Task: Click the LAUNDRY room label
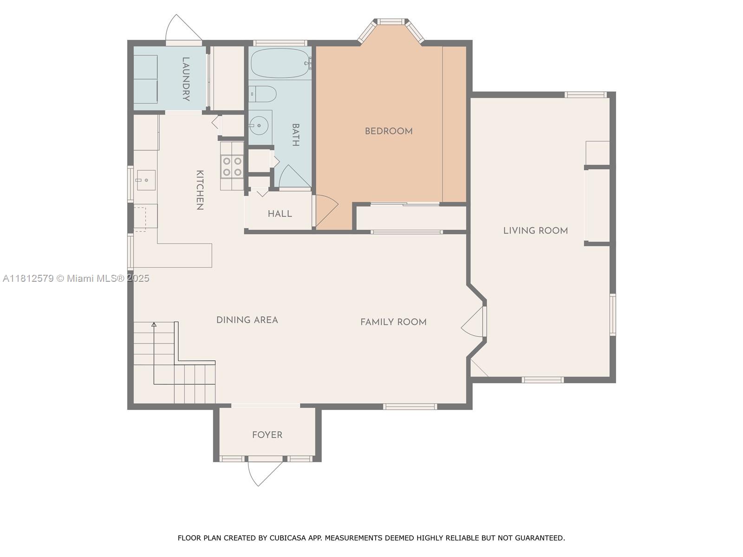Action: coord(186,79)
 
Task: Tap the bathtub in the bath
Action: coord(280,63)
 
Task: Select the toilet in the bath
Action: coord(263,94)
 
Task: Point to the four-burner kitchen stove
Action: coord(232,167)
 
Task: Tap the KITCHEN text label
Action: coord(200,190)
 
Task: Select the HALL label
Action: coord(280,214)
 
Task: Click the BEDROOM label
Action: coord(389,131)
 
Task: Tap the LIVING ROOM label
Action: coord(535,231)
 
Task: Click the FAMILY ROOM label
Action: coord(393,322)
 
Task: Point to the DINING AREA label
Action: coord(247,320)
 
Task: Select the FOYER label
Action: coord(267,435)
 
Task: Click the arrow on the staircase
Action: coord(154,324)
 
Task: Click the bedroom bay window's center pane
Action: coord(391,22)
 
